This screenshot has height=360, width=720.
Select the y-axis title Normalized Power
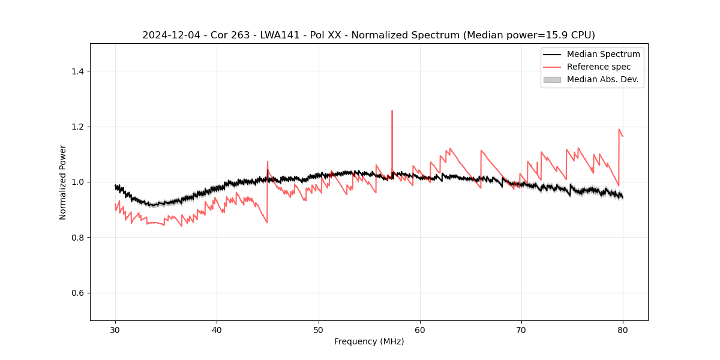point(63,182)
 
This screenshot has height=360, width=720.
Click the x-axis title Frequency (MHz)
point(369,341)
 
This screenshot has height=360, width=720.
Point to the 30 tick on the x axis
point(115,329)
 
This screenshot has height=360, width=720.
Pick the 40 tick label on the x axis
point(217,329)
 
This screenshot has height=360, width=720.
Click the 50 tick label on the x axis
point(319,329)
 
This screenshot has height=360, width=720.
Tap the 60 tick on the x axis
point(420,329)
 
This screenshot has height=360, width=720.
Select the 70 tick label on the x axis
point(521,329)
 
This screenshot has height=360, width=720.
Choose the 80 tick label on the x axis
point(623,329)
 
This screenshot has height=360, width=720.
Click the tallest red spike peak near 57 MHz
point(392,111)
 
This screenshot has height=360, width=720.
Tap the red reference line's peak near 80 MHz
point(619,130)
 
